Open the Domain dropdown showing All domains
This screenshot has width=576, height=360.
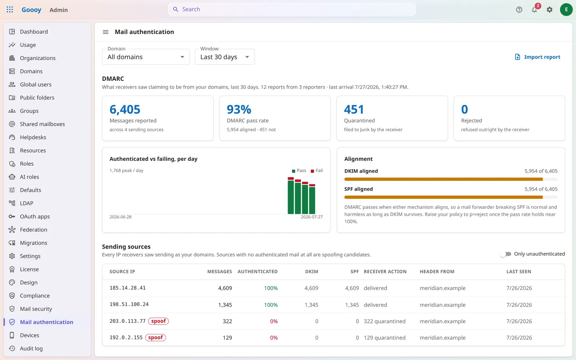coord(146,57)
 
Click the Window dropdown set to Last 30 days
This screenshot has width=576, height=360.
coord(224,57)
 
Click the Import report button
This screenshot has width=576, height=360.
coord(538,57)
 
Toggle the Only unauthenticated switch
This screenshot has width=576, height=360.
coord(506,254)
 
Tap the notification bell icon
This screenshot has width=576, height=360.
coord(534,10)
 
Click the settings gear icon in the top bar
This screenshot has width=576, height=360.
coord(550,10)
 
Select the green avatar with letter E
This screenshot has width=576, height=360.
coord(566,10)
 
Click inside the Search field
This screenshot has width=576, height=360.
coord(292,9)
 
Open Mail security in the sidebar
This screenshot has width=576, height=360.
coord(36,308)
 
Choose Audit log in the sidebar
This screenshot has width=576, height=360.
coord(31,348)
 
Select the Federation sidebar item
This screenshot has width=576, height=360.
coord(34,229)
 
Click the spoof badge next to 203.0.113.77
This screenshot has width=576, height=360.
coord(158,321)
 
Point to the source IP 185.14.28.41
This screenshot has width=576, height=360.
coord(128,288)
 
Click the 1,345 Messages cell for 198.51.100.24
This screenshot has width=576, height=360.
coord(225,305)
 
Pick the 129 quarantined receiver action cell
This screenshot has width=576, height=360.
coord(384,337)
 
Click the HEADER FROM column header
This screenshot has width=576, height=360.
coord(437,272)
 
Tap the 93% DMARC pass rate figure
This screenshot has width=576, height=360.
coord(239,109)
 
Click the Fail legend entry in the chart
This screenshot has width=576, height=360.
coord(316,170)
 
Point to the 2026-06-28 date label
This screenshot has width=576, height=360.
coord(120,217)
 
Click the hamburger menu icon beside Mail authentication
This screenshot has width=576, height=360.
coord(106,32)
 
